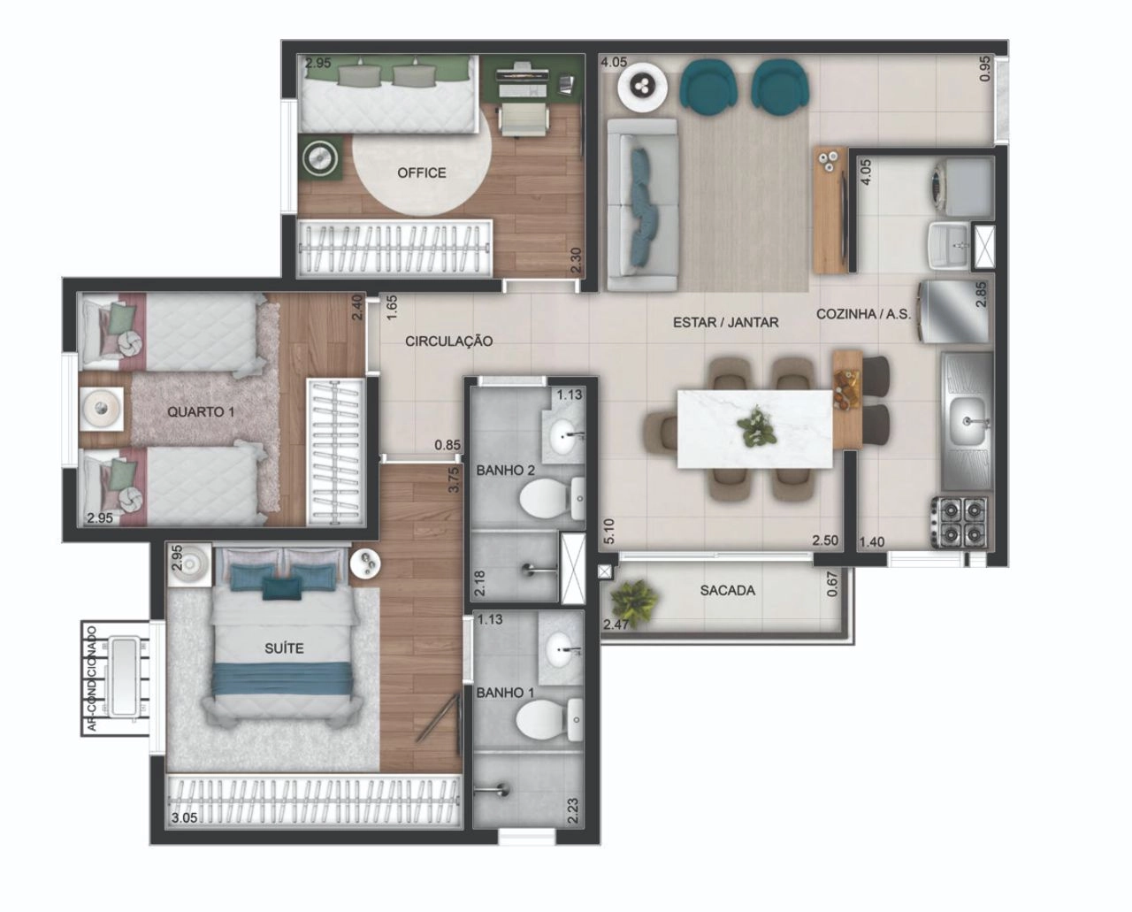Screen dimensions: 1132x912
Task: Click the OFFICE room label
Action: tap(421, 172)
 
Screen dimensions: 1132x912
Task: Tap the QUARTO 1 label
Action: tap(201, 411)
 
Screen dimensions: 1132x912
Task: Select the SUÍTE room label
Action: tap(284, 648)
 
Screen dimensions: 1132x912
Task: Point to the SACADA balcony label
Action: tap(728, 591)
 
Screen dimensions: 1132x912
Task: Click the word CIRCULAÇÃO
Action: tap(448, 341)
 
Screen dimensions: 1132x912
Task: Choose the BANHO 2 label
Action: tap(506, 471)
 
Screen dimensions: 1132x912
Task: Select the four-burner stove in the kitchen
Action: tap(958, 522)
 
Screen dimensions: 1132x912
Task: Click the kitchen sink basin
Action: tap(967, 420)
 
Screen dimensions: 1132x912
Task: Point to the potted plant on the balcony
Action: tap(635, 602)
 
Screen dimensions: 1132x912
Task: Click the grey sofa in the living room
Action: tap(642, 204)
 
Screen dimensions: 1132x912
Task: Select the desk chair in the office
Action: tap(523, 120)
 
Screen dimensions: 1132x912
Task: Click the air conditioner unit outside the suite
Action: tap(123, 677)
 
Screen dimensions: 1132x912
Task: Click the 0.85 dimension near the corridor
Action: tap(447, 445)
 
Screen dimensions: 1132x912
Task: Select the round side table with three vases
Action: tap(642, 87)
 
